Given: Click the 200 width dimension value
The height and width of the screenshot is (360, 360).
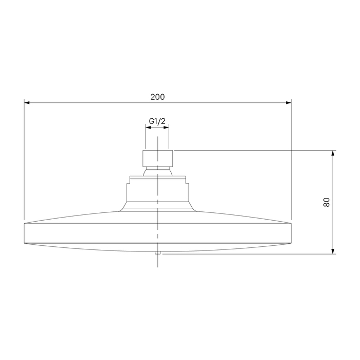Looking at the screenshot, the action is coord(157,97).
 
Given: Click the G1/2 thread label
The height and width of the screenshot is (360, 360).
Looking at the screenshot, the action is coord(157,121).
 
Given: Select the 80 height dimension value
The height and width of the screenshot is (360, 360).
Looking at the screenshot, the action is coord(326,202).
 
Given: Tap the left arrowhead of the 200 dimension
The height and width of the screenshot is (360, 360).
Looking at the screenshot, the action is coord(27,103).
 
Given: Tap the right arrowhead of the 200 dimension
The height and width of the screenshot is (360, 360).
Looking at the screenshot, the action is coord(289,103).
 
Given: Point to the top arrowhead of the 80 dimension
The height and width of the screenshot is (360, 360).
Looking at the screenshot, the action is coord(333,153).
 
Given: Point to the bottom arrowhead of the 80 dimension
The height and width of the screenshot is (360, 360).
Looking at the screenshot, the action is coord(333,251).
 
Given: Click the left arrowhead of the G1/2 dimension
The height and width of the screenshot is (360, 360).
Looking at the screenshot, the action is coord(148,127).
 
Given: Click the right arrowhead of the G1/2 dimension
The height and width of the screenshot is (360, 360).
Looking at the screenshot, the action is coord(166,127).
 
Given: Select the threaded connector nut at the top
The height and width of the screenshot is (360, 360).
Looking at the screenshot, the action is coord(157,158).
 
